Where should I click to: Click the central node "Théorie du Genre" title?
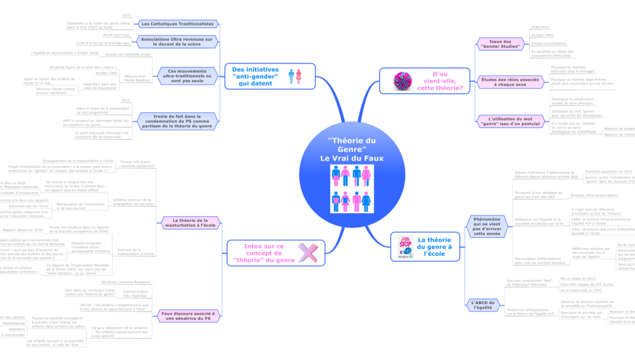coord(352,149)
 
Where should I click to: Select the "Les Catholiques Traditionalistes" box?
coord(178,24)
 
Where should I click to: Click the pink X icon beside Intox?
coord(306,253)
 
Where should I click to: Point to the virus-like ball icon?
coord(404,81)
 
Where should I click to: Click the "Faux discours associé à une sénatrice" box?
coord(188,316)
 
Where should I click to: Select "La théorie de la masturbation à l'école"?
coord(187,223)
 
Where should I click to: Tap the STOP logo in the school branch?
coord(405,247)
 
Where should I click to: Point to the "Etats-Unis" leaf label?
coord(540,27)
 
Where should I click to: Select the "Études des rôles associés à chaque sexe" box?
coord(510,82)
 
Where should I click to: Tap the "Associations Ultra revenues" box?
coord(177,41)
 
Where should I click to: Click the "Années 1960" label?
coord(542,35)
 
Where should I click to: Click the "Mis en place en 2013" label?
coord(577,279)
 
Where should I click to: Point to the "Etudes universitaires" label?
coord(548,43)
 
